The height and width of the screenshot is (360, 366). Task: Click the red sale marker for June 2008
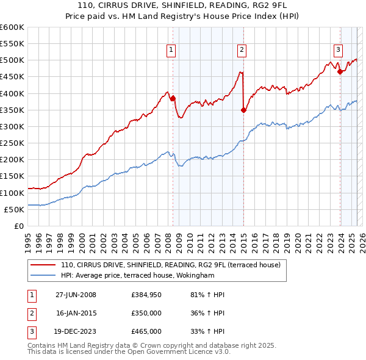173,98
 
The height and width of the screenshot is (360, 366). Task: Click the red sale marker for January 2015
243,110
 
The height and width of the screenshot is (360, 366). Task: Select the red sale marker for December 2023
340,71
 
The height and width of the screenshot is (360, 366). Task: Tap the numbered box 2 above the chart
242,50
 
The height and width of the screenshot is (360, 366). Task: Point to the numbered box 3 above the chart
338,50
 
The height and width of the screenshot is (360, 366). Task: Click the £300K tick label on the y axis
12,126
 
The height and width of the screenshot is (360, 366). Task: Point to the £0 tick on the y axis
19,226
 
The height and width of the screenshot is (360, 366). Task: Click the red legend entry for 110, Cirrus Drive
170,265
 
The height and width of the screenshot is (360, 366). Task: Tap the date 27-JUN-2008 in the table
76,295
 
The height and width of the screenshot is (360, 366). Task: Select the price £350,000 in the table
146,313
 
